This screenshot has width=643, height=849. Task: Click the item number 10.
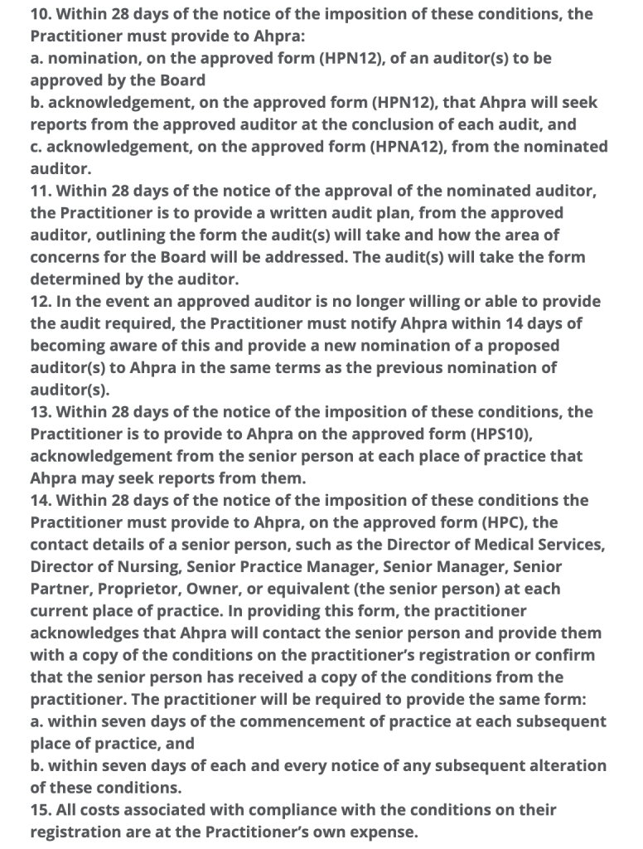coord(41,15)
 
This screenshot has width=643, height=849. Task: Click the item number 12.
coord(41,301)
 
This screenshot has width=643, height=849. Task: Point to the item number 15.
coord(41,809)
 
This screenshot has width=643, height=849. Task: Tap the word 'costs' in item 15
coord(102,809)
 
